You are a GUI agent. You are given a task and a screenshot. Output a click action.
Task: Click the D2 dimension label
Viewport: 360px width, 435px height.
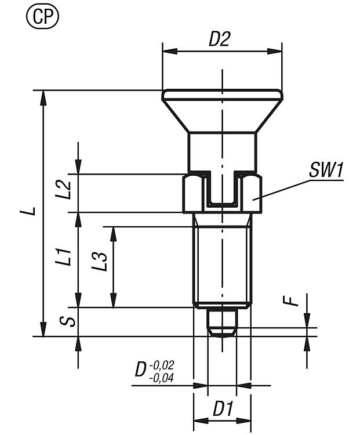pos(220,39)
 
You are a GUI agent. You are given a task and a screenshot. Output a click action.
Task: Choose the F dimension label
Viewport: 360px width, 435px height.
pos(294,300)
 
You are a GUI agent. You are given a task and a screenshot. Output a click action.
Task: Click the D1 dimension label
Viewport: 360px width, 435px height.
pos(221,409)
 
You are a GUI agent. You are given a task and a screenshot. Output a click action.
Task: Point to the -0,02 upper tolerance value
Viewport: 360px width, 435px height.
pos(162,365)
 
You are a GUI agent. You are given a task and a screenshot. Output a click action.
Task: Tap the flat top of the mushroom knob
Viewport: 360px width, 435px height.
pos(221,93)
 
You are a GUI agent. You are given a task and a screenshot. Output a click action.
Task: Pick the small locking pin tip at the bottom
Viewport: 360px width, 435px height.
pos(221,321)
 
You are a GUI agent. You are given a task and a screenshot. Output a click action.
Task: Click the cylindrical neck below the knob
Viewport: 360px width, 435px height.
pos(221,151)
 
